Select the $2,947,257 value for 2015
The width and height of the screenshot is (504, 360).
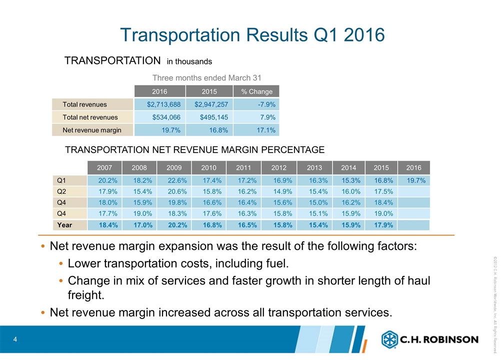tap(209, 104)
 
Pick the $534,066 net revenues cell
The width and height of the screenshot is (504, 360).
tap(163, 117)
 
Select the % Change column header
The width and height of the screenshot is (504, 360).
tap(256, 91)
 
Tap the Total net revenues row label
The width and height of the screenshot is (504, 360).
tap(90, 117)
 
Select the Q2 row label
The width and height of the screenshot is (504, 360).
tap(62, 191)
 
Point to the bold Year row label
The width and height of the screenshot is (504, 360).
tap(64, 225)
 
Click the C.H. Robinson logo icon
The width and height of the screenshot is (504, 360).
tap(389, 339)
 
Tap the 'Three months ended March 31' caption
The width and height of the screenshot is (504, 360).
tap(206, 77)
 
